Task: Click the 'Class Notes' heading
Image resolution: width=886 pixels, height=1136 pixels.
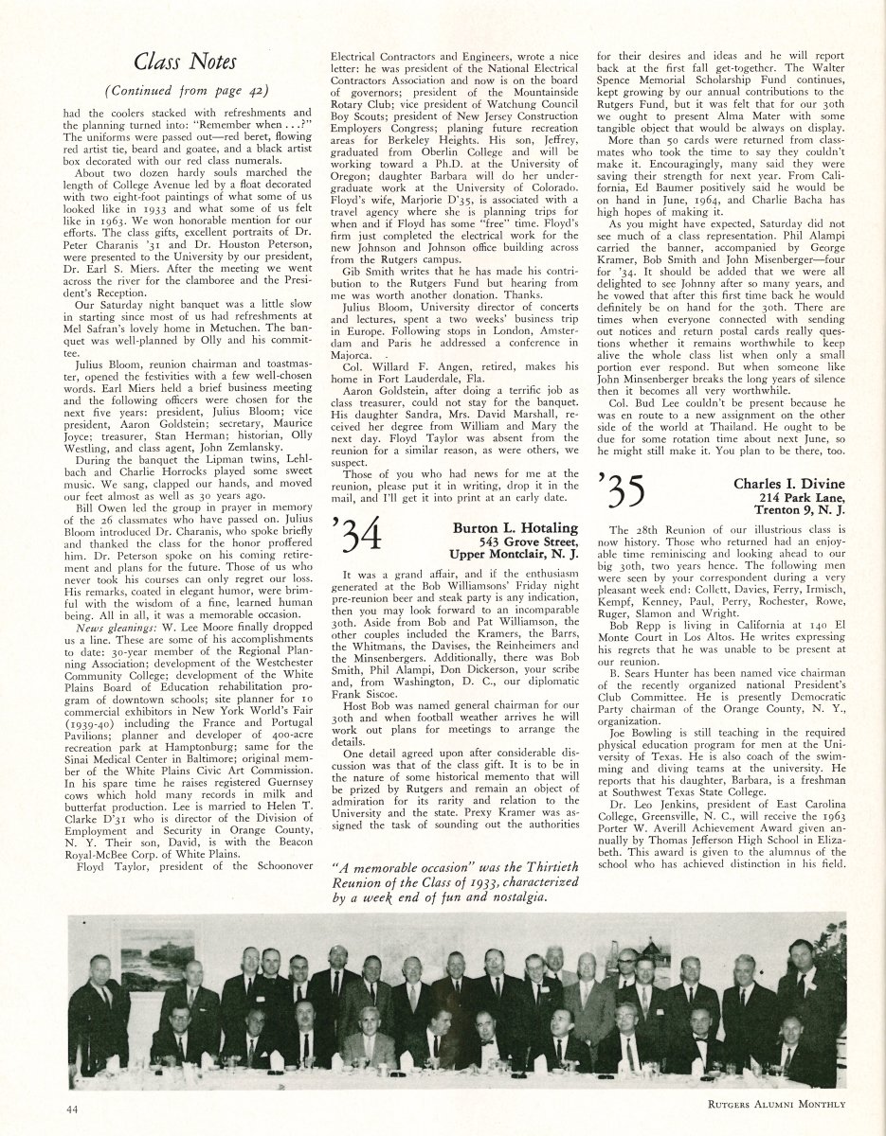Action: click(184, 62)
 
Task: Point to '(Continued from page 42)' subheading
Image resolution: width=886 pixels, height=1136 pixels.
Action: click(184, 91)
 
